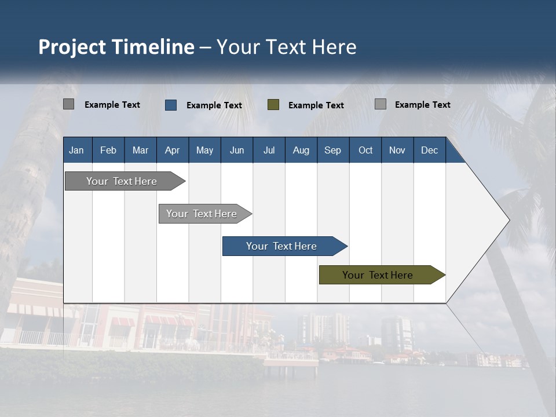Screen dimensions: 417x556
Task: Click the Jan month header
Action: [76, 150]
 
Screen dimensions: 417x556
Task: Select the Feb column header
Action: [108, 150]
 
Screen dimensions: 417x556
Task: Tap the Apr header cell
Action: [172, 150]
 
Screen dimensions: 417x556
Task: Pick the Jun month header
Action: [237, 150]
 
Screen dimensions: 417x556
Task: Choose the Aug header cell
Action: [301, 150]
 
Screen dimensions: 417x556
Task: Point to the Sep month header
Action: [332, 150]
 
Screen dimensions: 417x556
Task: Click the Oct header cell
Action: [365, 150]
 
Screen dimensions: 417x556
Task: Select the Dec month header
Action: [429, 150]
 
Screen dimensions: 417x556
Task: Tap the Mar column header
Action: [140, 150]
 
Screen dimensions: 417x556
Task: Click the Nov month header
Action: [397, 150]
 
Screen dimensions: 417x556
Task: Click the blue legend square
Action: [171, 105]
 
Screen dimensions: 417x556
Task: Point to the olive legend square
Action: [273, 105]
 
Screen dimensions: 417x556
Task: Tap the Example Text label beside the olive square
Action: [316, 105]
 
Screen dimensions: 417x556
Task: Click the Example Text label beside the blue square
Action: [214, 105]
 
